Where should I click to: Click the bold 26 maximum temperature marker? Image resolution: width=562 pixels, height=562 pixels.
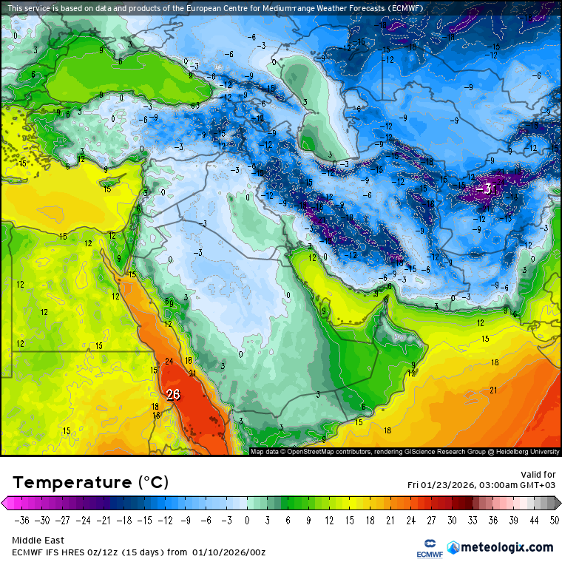pyautogui.click(x=173, y=395)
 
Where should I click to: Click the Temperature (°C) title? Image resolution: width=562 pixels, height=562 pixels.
pyautogui.click(x=90, y=483)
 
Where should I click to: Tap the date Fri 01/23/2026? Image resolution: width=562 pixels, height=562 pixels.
pyautogui.click(x=441, y=485)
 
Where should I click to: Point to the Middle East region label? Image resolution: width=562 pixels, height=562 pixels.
pyautogui.click(x=38, y=541)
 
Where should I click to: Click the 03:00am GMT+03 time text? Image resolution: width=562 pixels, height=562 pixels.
pyautogui.click(x=515, y=485)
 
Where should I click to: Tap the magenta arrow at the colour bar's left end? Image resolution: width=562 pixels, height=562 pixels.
pyautogui.click(x=7, y=504)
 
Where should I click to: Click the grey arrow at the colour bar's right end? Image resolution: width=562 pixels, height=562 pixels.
pyautogui.click(x=555, y=504)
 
